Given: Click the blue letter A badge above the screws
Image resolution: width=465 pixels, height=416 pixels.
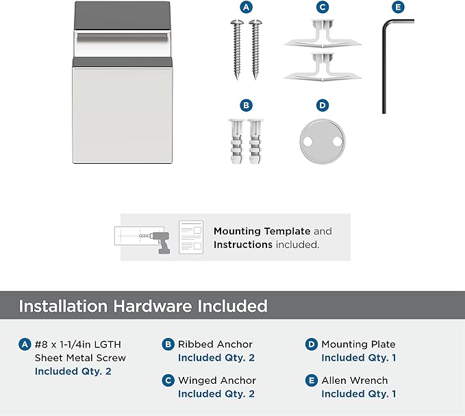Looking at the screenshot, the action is click(246, 7).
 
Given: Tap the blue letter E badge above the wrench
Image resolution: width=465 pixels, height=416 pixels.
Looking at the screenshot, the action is click(398, 7).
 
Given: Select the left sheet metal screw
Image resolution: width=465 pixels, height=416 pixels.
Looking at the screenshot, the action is click(237, 49).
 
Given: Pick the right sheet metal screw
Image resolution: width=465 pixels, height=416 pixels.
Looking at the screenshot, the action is click(255, 49).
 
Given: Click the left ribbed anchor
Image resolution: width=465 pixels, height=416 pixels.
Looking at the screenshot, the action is click(236, 141).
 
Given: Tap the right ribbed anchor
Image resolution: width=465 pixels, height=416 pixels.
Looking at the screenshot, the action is click(255, 141).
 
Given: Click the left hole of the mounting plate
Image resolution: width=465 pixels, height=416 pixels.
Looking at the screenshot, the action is click(307, 142).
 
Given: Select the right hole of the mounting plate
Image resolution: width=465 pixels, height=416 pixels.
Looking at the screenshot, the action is click(338, 142).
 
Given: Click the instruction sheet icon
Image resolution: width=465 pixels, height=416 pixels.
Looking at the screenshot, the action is click(191, 237).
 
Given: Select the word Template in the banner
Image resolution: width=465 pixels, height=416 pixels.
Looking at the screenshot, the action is click(287, 231).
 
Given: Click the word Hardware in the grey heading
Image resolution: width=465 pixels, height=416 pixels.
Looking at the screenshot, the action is click(153, 306).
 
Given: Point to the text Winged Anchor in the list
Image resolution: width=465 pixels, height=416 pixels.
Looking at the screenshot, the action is click(217, 380).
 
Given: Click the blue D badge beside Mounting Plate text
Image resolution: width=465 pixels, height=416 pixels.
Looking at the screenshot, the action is click(312, 344).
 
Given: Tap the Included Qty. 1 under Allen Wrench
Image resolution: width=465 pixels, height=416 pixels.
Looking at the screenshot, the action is click(359, 394).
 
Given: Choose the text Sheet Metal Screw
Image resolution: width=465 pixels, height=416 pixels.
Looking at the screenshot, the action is click(80, 358).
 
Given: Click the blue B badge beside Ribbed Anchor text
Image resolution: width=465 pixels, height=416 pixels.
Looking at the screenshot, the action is click(168, 344).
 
